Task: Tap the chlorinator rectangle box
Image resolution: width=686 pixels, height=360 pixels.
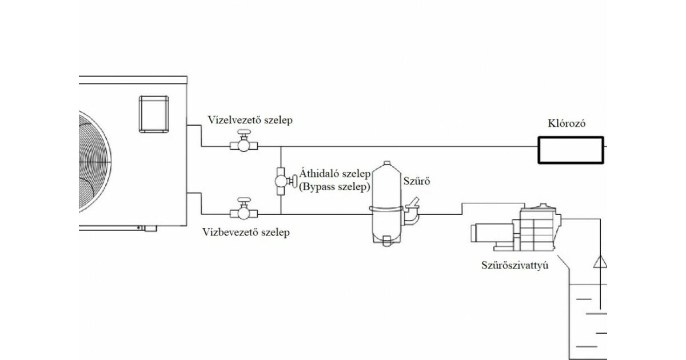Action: (570, 150)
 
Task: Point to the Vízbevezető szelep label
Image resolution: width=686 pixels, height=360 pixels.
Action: (246, 232)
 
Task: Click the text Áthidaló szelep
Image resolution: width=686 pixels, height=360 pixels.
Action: (335, 174)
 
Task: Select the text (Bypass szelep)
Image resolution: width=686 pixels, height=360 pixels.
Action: (335, 187)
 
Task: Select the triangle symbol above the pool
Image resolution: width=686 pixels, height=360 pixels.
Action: (600, 262)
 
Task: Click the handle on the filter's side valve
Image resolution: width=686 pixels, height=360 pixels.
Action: (414, 202)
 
